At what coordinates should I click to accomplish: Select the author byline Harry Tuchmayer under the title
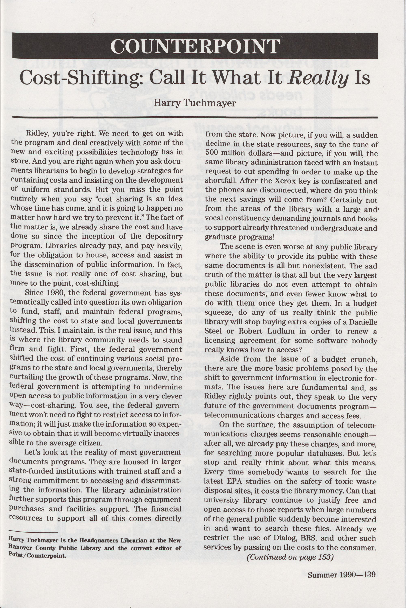tap(195, 103)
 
